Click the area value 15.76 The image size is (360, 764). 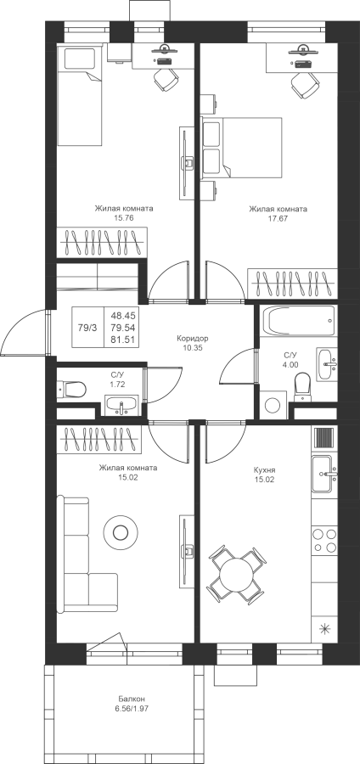click(x=124, y=218)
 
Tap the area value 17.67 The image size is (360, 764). click(x=278, y=219)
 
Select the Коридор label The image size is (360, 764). click(x=193, y=338)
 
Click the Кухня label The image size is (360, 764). click(x=265, y=470)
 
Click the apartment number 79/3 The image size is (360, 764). click(x=87, y=328)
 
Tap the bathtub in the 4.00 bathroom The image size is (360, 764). click(x=299, y=320)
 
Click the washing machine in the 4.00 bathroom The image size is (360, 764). click(x=273, y=404)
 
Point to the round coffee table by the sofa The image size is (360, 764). click(x=121, y=532)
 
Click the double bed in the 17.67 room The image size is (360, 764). click(x=242, y=147)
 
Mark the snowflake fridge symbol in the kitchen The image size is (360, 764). click(x=324, y=628)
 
